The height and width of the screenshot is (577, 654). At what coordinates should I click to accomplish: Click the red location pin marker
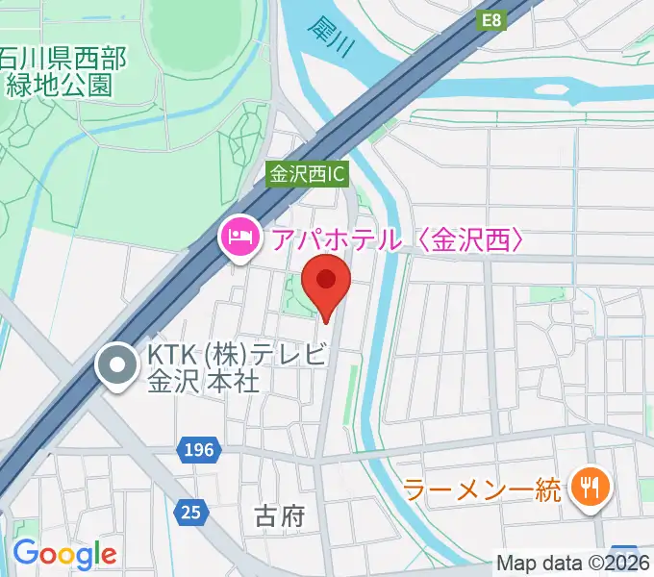326,281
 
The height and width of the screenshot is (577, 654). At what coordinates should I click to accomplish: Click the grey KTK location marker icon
118,367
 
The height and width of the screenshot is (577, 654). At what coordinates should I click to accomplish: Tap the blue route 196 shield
199,449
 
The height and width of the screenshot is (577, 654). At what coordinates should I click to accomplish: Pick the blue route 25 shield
191,513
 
